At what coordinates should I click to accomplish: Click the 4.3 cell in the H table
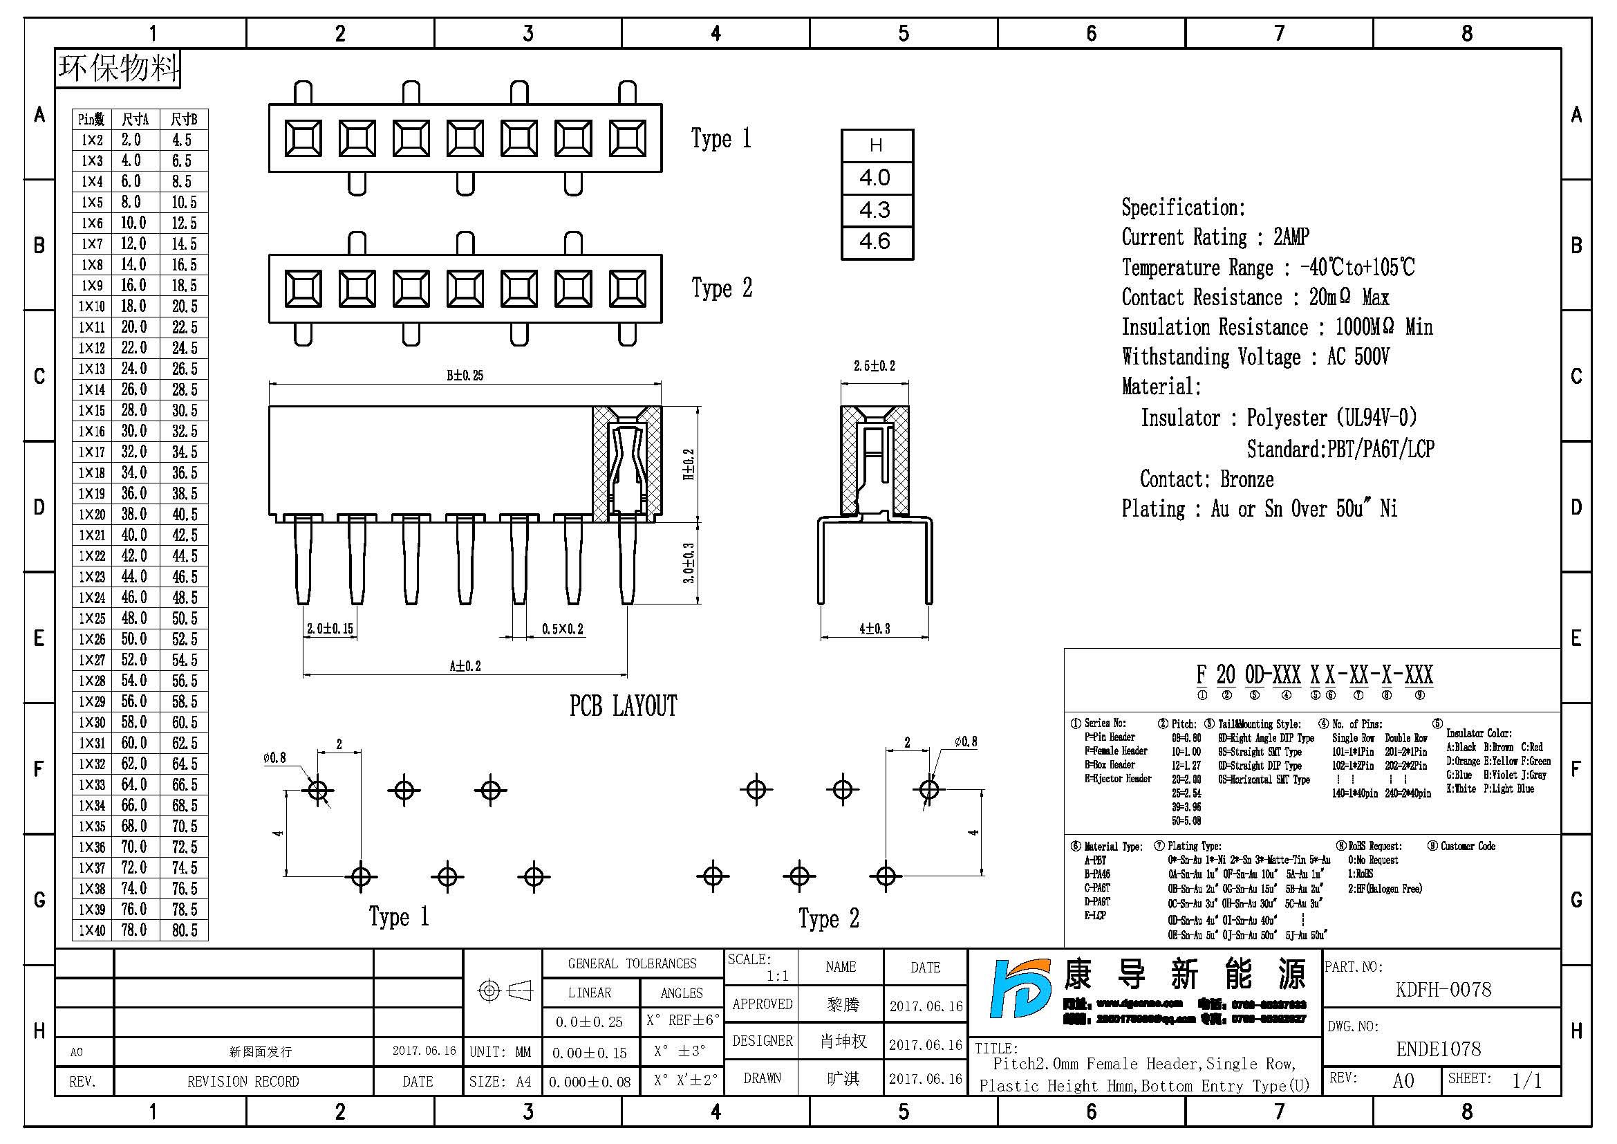[x=875, y=210]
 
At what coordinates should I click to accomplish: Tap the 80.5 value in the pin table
[x=185, y=930]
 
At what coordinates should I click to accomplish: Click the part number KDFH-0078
[x=1443, y=990]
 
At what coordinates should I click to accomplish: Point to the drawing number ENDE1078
[x=1439, y=1050]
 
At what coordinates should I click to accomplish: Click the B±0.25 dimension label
[x=465, y=376]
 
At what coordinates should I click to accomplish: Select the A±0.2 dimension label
[x=465, y=665]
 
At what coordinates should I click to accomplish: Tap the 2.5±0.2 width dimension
[x=874, y=366]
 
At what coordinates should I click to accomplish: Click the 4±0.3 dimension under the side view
[x=874, y=628]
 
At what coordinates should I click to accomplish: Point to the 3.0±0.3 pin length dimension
[x=689, y=562]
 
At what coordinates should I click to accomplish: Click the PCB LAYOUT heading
[x=623, y=706]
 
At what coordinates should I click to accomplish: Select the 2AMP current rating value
[x=1291, y=237]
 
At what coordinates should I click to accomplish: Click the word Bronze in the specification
[x=1246, y=480]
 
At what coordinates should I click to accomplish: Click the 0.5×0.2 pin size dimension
[x=562, y=629]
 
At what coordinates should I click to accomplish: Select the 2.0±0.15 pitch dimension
[x=330, y=628]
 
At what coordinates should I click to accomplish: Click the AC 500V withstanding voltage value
[x=1358, y=357]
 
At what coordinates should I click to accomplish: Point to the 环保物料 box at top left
[x=118, y=68]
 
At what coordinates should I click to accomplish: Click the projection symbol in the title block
[x=504, y=991]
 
